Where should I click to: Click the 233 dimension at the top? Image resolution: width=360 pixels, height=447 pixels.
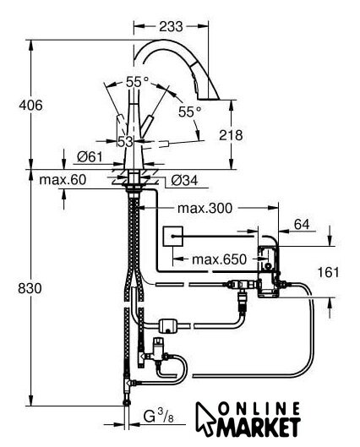(x=171, y=26)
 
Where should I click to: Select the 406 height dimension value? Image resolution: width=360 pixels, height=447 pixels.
(x=30, y=105)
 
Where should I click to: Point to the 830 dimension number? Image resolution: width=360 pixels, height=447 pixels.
(x=30, y=288)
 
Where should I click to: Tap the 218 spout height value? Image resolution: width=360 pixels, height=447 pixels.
(x=231, y=135)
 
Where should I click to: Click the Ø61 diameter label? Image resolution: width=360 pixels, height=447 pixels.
(x=90, y=156)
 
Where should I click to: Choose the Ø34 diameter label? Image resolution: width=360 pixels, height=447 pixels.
(x=184, y=180)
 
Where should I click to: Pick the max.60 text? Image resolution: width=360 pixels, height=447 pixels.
(x=63, y=180)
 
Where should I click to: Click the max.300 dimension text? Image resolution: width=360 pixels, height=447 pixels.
(x=205, y=208)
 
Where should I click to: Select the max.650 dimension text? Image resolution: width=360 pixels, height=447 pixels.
(x=219, y=259)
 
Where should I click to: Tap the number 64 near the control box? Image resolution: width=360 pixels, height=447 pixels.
(x=302, y=225)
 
